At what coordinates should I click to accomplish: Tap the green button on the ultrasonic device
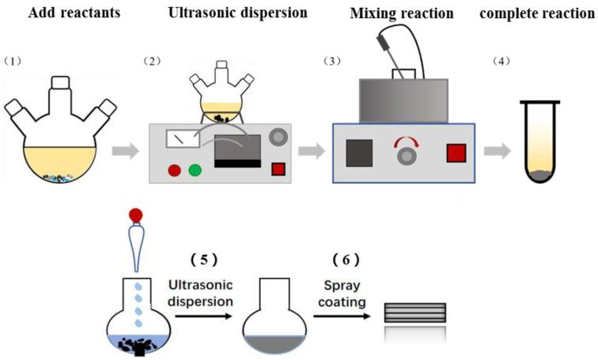194,169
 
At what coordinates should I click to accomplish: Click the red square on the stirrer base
456,152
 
